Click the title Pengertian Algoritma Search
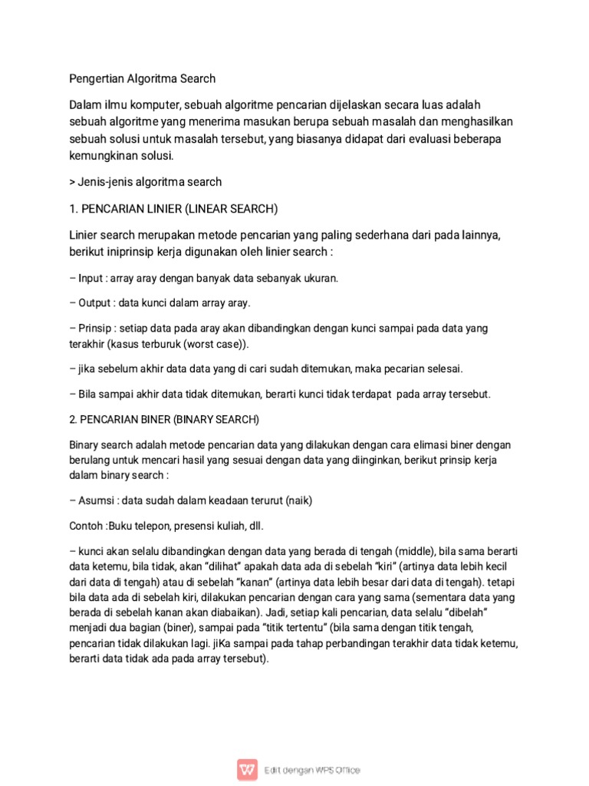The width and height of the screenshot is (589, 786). [143, 78]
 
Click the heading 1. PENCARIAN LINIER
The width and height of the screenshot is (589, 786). [173, 208]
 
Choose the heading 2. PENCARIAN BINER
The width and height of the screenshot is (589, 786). [165, 421]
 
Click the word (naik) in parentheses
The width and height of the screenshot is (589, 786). [299, 500]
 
